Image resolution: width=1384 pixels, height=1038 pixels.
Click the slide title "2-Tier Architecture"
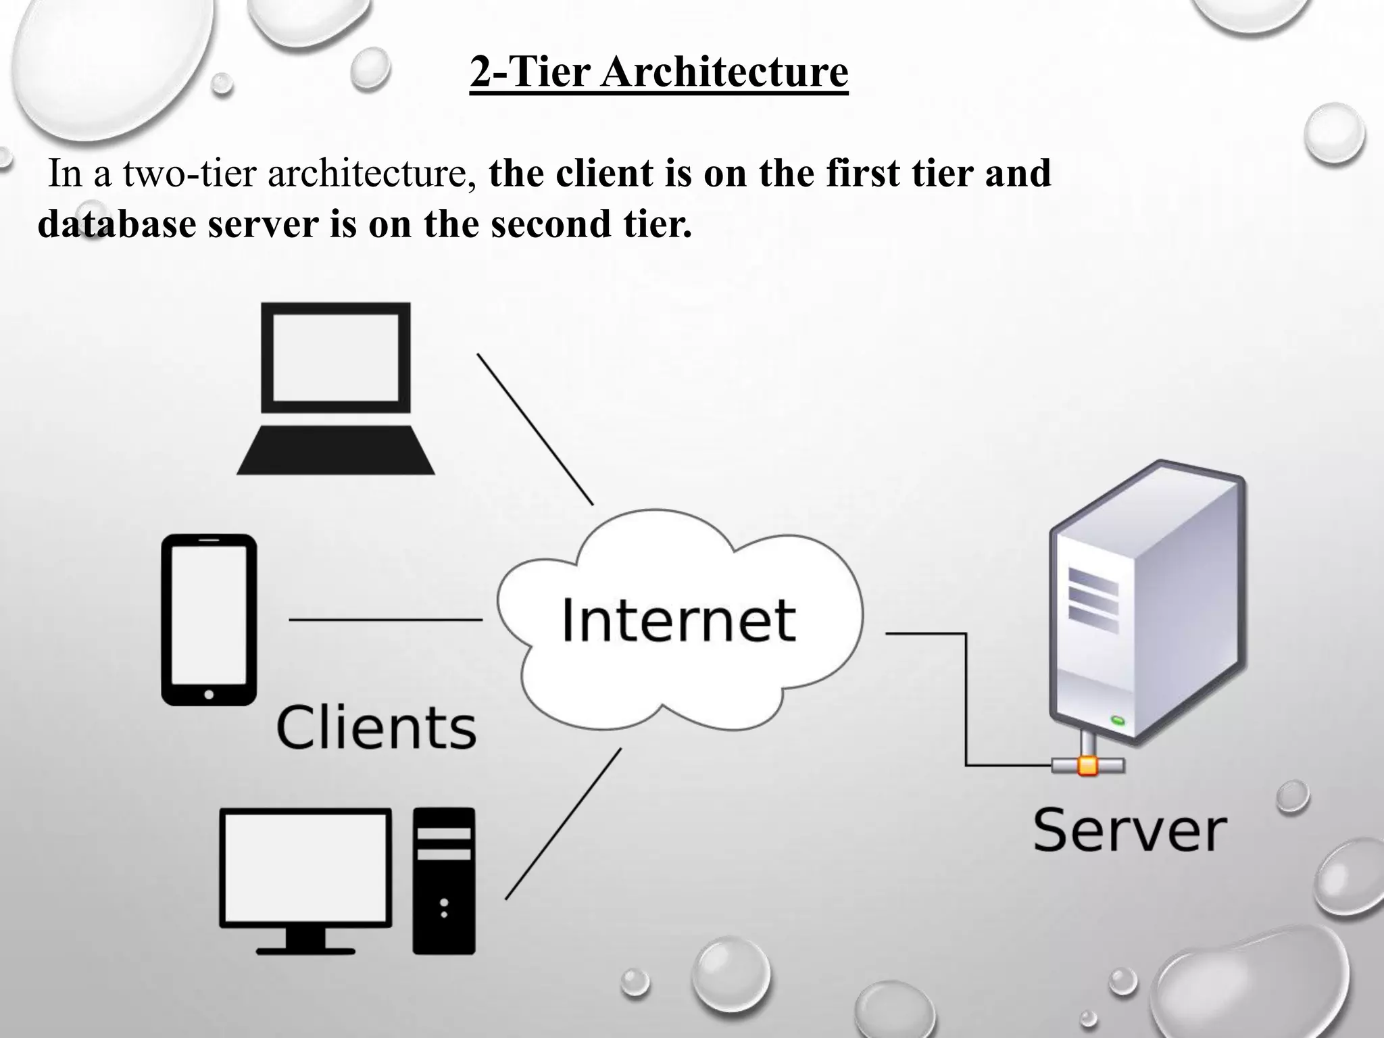[659, 72]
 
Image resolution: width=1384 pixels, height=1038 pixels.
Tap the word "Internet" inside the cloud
[678, 620]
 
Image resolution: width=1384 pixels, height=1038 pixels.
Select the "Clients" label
[376, 728]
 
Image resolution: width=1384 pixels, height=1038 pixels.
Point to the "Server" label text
[1129, 831]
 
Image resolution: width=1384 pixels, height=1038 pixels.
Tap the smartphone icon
[209, 620]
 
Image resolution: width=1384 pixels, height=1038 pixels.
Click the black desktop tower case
[444, 881]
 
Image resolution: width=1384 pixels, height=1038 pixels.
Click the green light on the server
[1118, 720]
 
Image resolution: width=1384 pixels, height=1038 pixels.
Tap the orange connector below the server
[1087, 765]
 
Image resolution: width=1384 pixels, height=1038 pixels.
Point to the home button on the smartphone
[209, 694]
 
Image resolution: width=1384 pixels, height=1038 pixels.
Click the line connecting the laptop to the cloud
[535, 428]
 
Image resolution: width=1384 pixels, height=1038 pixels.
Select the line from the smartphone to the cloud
[385, 619]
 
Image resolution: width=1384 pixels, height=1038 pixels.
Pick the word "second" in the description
[551, 224]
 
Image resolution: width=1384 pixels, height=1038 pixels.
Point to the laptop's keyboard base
[336, 451]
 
